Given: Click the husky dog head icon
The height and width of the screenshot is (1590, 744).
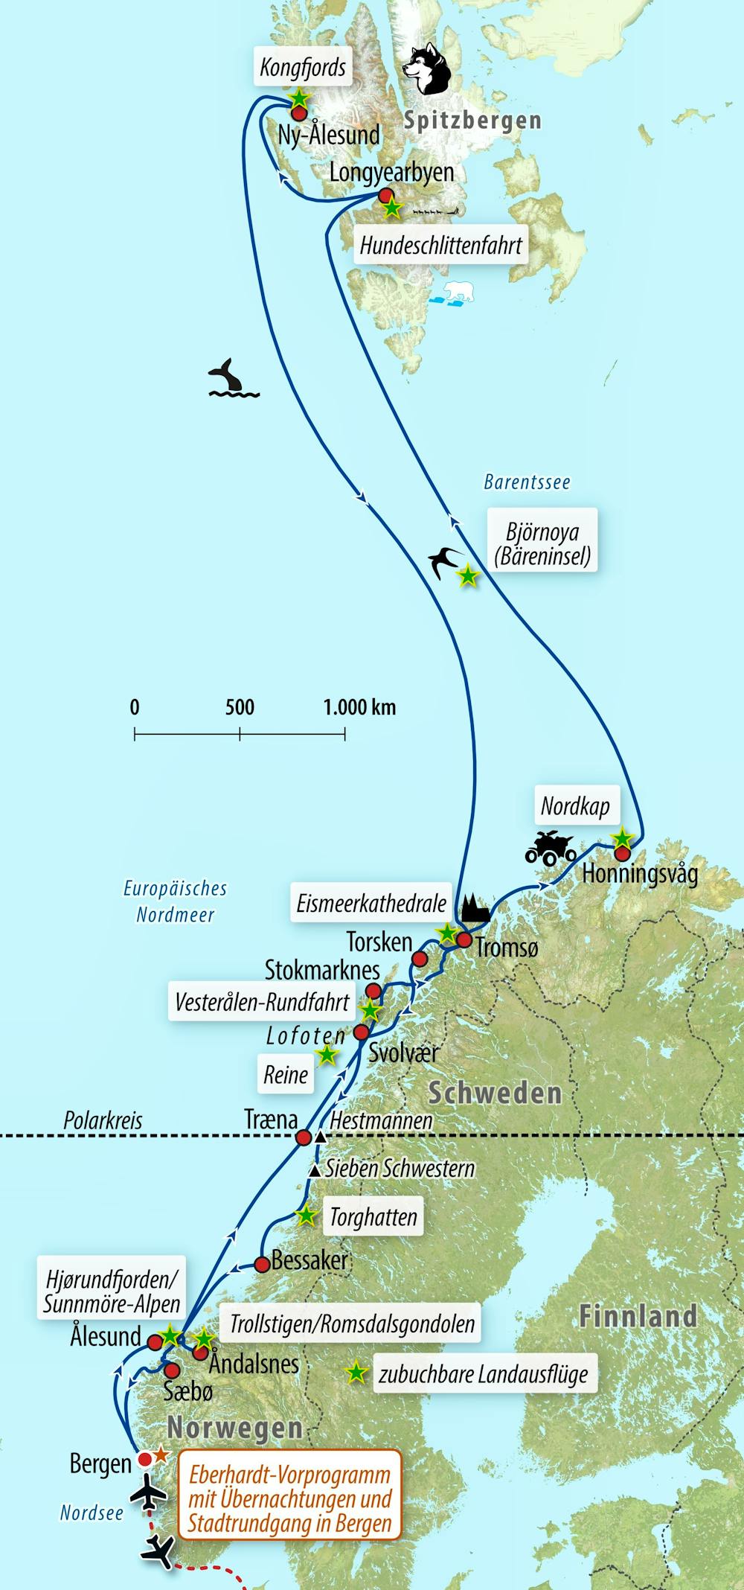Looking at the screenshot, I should coord(428,68).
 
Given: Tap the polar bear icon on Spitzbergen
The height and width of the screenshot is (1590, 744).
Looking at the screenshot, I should coord(455,293).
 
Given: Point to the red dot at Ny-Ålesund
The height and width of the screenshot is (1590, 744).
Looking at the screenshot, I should coord(299,114).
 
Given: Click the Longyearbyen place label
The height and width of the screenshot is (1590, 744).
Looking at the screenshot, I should coord(391,173).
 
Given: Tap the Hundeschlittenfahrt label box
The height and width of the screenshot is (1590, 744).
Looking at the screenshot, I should coord(441,245).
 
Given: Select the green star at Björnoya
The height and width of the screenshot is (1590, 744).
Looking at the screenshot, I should coord(467,575).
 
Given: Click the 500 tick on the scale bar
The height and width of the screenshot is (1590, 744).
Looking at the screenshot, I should coord(240,733).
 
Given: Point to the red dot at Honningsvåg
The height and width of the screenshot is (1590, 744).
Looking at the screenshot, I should coord(622,854).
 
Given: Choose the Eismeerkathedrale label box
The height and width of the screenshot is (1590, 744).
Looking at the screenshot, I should coord(371,904).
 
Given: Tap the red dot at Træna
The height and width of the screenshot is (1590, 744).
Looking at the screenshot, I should coord(304,1137).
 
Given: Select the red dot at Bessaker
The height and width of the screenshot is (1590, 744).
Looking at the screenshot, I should coord(262,1264).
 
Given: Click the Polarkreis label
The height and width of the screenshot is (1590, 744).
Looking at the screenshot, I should coord(103,1120).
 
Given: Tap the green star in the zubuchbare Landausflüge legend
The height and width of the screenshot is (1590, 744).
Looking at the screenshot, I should coord(356,1373).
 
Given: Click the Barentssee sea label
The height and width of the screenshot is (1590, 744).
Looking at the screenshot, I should coord(527,482).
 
